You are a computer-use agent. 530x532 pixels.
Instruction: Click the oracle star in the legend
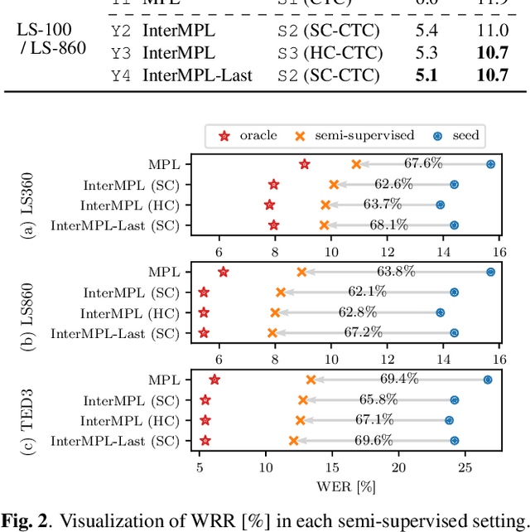tap(222, 135)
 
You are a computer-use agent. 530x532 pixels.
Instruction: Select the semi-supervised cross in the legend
tap(299, 135)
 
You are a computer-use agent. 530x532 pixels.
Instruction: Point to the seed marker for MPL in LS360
tap(490, 164)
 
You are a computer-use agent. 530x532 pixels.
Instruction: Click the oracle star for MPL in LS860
tap(223, 272)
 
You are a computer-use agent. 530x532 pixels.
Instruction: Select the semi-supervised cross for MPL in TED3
tap(311, 380)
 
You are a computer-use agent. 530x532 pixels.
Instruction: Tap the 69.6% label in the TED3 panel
tap(374, 440)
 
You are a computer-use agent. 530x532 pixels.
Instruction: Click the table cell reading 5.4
tap(426, 31)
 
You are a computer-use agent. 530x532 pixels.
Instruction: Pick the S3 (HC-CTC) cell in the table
tap(329, 53)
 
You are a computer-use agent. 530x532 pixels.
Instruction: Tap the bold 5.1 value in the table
tap(426, 75)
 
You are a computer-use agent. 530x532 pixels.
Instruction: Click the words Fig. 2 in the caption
tap(24, 520)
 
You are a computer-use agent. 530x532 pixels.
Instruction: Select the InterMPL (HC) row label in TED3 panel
tap(129, 421)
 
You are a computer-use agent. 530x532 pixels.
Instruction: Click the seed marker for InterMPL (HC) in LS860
tap(440, 312)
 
